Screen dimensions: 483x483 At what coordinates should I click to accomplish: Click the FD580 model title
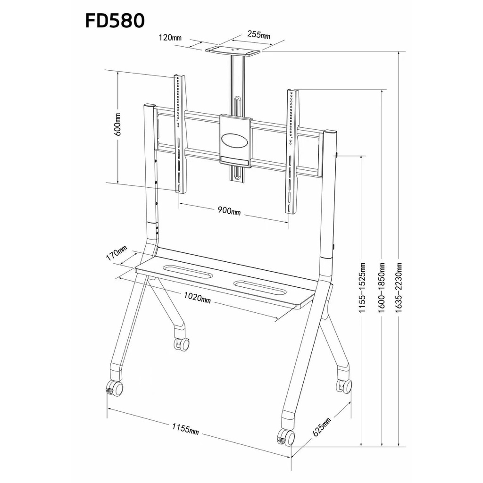pyautogui.click(x=115, y=21)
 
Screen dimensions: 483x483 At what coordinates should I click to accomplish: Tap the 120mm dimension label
pyautogui.click(x=170, y=38)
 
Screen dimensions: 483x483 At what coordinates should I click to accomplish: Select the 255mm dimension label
pyautogui.click(x=259, y=35)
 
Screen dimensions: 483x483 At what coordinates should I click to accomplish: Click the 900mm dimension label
pyautogui.click(x=229, y=211)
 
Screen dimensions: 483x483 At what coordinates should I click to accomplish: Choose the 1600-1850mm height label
pyautogui.click(x=382, y=288)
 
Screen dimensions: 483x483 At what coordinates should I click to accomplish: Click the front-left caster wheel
pyautogui.click(x=115, y=389)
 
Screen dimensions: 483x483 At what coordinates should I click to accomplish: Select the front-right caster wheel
pyautogui.click(x=286, y=437)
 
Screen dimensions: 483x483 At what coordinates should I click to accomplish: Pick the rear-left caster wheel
pyautogui.click(x=182, y=344)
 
